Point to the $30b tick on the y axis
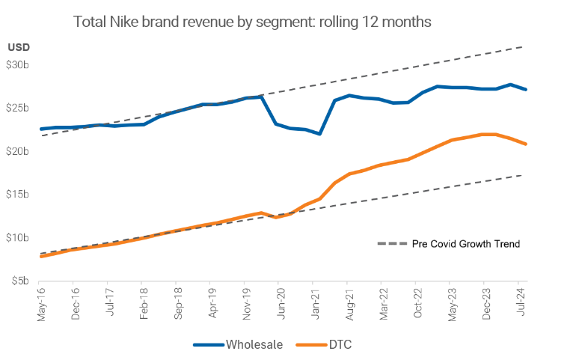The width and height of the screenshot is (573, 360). click(x=18, y=65)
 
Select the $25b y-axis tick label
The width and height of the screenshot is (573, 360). click(x=18, y=109)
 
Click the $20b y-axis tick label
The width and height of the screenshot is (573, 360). click(x=18, y=151)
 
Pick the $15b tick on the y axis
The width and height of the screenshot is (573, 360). click(x=18, y=195)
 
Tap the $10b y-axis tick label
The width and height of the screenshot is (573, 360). click(x=18, y=238)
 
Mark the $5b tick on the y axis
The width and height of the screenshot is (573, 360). click(x=20, y=281)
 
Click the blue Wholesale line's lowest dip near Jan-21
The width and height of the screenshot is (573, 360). click(x=319, y=134)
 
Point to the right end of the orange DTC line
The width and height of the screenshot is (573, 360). click(x=526, y=144)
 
